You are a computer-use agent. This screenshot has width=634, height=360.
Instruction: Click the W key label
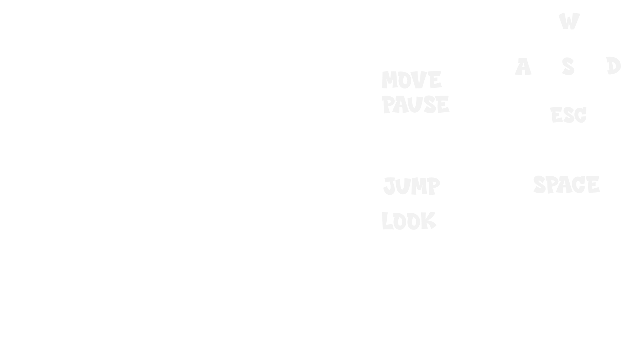pos(569,21)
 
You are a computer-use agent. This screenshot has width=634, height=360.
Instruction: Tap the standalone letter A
pos(523,67)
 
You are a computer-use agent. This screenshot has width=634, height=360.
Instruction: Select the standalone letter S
pos(568,66)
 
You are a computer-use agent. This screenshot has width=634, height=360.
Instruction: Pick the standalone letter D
pos(613,65)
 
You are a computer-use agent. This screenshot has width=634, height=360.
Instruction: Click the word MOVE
pos(412,80)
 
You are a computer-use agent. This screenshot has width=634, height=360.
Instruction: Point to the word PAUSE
pos(415,104)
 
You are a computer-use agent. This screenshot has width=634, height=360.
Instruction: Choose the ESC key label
pos(568,115)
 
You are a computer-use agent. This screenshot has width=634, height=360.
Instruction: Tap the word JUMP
pos(412,186)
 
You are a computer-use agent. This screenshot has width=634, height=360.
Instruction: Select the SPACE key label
pos(566,184)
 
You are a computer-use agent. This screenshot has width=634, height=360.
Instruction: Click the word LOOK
pos(409,221)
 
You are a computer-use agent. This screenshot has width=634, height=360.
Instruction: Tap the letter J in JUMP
pos(389,186)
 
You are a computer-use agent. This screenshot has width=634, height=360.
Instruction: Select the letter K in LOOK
pos(429,221)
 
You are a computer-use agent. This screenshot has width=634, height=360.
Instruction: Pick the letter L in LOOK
pos(387,221)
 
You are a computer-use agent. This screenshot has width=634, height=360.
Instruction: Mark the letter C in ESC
pos(581,115)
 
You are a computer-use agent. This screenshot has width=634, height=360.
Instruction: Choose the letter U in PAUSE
pos(415,105)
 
